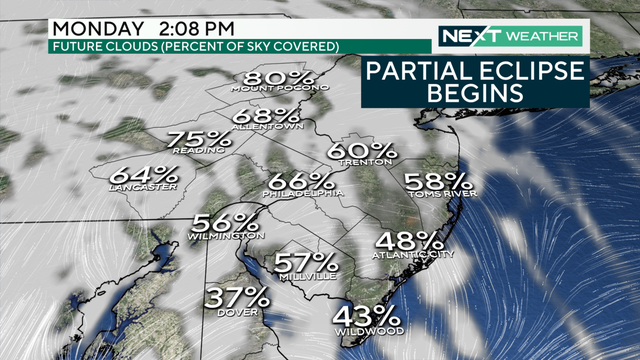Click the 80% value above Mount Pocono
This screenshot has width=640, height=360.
(271, 79)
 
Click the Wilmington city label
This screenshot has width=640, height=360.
(225, 236)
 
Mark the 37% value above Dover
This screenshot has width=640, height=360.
(238, 297)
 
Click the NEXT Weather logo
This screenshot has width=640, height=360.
(509, 37)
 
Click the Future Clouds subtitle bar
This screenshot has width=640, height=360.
(195, 46)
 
